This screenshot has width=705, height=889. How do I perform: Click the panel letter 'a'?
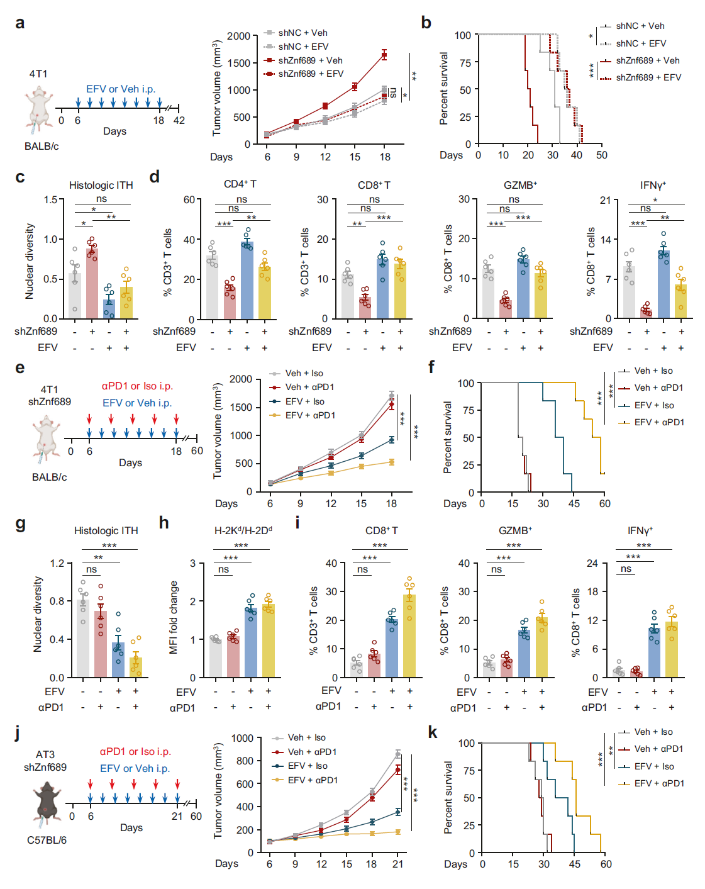(x=20, y=23)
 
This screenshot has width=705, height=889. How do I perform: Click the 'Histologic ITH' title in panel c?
(x=101, y=185)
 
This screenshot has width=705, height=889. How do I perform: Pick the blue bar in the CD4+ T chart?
(x=247, y=280)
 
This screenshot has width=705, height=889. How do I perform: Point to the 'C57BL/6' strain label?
(x=47, y=840)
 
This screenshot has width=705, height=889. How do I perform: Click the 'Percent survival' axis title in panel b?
(x=444, y=89)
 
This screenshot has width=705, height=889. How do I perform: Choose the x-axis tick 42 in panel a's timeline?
(x=179, y=120)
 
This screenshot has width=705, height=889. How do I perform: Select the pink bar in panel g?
(x=101, y=644)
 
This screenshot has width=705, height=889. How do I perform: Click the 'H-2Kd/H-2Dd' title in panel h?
(x=243, y=530)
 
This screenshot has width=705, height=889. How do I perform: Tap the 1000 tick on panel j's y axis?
(x=242, y=738)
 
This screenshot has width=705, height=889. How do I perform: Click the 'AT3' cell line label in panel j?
(x=45, y=754)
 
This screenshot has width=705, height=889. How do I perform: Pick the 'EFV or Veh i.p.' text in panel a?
(x=121, y=89)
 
